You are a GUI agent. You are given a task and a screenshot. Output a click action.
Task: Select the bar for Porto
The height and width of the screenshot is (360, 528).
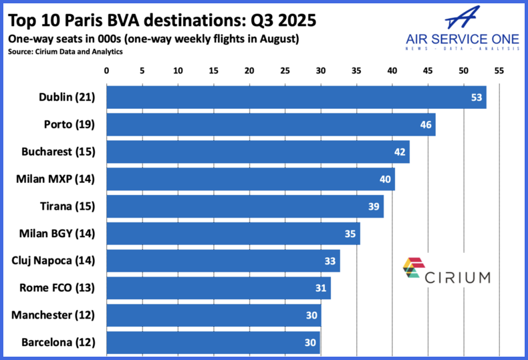point(271,124)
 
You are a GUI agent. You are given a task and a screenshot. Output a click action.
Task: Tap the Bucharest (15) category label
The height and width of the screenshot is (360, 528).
point(57,152)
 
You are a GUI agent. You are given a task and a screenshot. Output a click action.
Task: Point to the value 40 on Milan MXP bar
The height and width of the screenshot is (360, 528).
point(386,179)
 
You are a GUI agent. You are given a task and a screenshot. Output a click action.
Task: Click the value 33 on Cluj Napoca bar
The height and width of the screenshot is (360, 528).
point(330,261)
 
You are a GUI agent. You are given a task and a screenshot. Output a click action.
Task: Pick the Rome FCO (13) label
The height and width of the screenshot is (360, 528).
point(58,289)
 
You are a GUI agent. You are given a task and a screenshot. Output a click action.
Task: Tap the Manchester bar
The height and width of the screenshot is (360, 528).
point(214,315)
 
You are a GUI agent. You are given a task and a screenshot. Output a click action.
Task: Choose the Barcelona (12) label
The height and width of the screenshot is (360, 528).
point(59,343)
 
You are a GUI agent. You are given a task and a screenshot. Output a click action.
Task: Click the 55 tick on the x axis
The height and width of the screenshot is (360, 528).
point(499,70)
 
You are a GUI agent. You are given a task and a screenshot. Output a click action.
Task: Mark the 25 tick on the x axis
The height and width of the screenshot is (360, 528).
point(285,70)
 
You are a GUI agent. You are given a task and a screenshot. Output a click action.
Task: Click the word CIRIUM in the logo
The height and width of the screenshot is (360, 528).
point(458,276)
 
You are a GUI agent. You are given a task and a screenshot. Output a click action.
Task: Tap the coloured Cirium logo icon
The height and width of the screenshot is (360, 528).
point(412,268)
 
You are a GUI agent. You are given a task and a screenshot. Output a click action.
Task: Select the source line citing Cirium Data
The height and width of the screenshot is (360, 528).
point(65,51)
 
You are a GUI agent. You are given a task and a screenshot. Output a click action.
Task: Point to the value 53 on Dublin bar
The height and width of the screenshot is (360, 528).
point(477,97)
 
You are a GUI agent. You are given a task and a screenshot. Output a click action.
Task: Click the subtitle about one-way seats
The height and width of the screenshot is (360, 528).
point(153,39)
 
